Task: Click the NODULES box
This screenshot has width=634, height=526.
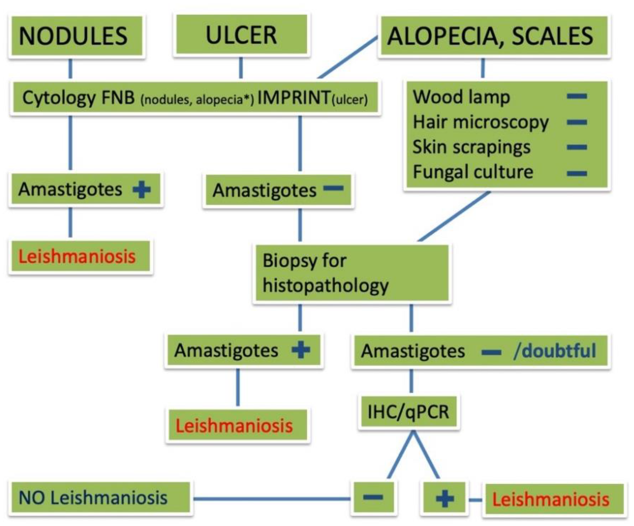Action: coord(77,36)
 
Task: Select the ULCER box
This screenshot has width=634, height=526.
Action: coord(242,35)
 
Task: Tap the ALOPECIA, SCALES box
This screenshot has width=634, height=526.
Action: coord(494,36)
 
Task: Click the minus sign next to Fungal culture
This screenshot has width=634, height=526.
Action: coord(577,174)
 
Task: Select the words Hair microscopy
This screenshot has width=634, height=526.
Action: coord(480,122)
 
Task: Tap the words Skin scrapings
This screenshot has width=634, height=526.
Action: coord(471,147)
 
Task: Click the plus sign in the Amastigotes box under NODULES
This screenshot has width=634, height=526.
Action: coord(141,190)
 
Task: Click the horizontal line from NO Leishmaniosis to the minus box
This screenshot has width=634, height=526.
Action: coord(272,498)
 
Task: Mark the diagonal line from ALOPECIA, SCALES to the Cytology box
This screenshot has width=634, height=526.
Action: coord(347,57)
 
